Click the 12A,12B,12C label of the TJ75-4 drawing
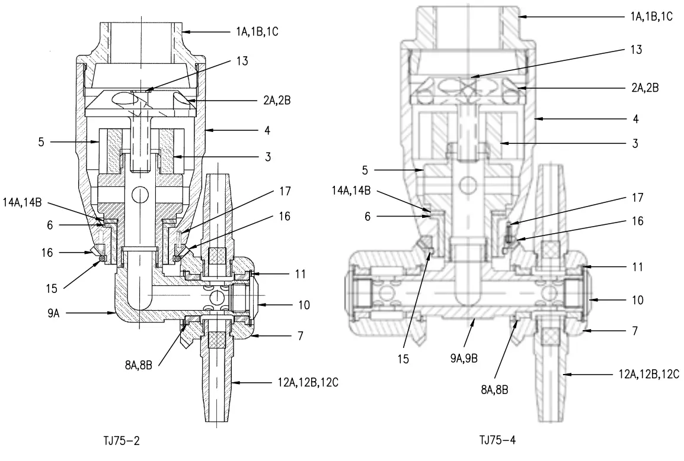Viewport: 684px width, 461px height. (647, 374)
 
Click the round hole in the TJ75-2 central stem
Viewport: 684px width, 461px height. (140, 194)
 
